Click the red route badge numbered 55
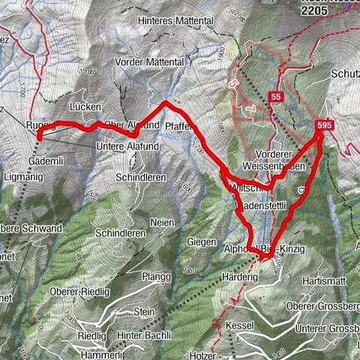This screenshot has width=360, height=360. pyautogui.click(x=276, y=97)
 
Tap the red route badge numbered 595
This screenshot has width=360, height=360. pyautogui.click(x=324, y=125)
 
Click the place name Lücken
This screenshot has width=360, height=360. pyautogui.click(x=84, y=107)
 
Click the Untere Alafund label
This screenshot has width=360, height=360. pyautogui.click(x=129, y=146)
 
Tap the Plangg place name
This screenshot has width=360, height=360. pyautogui.click(x=153, y=274)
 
